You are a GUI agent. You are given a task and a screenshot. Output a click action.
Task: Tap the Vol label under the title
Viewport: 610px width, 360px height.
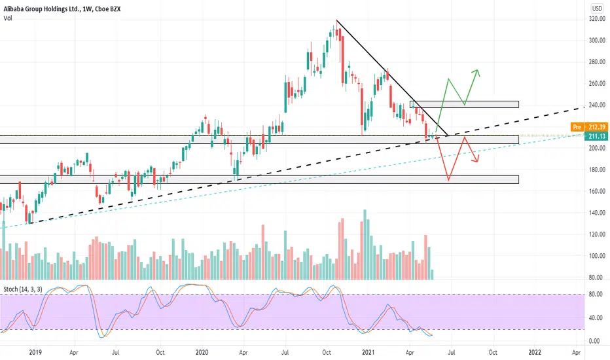point(8,18)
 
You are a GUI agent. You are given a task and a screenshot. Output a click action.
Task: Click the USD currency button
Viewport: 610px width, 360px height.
point(597,9)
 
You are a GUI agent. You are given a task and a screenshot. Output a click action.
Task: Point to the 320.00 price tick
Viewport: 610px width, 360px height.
point(597,19)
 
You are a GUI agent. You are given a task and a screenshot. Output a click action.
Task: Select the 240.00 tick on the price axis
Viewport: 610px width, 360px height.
point(597,105)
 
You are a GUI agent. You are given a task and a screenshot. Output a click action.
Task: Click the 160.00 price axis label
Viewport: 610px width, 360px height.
point(597,192)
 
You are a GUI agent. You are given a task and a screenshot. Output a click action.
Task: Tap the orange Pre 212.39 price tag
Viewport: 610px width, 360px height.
point(589,127)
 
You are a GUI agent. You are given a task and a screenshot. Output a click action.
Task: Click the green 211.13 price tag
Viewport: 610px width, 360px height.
point(596,136)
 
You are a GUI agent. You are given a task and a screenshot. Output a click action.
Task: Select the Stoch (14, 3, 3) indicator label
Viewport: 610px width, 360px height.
point(23,289)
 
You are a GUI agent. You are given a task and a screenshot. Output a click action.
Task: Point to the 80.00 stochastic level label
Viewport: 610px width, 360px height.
point(596,295)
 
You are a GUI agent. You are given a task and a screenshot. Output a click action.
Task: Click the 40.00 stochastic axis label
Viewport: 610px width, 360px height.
point(596,318)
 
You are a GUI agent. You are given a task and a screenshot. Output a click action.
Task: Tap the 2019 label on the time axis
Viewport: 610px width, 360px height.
point(35,353)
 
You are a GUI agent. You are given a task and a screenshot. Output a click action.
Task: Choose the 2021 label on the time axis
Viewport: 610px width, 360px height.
point(368,353)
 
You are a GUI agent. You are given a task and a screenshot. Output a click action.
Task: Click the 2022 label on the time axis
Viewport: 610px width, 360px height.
point(535,353)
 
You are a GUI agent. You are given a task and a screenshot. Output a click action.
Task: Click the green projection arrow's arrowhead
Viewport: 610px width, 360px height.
point(477,73)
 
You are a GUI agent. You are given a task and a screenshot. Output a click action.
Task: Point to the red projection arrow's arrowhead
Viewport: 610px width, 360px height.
point(475,159)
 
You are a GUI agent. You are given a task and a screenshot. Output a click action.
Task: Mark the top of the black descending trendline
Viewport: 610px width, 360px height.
point(336,20)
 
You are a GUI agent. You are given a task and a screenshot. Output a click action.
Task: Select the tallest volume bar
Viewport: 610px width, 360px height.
point(365,244)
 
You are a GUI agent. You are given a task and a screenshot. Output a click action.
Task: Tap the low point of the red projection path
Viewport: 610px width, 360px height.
point(448,180)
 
